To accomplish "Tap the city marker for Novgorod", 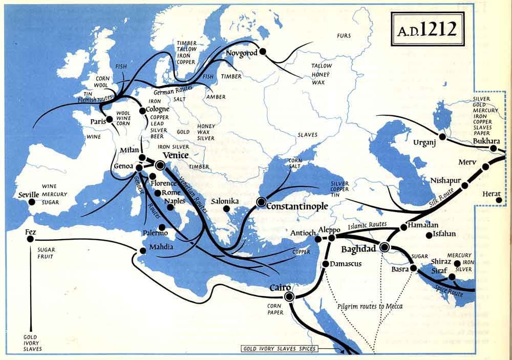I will tap(263, 51).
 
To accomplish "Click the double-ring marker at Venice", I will tap(159, 164).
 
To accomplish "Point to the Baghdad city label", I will tap(358, 249).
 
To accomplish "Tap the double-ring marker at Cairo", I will tap(289, 297).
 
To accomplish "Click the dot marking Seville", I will tap(32, 202).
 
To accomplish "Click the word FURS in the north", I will tap(344, 35).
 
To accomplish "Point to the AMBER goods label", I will tap(216, 97).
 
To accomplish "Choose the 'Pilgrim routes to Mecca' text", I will tap(370, 306).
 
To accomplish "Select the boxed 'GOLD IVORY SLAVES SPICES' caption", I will tap(280, 349).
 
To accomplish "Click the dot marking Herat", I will tap(499, 200).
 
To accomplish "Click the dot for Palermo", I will tap(162, 227).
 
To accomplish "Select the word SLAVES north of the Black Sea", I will tap(307, 135).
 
